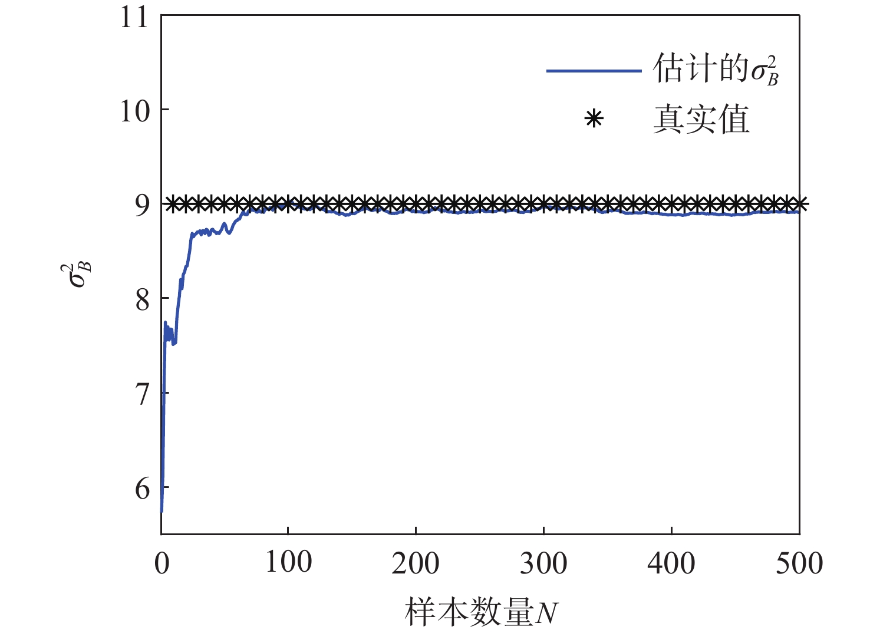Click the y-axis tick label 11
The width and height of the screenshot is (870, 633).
134,17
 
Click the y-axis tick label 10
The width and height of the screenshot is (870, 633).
134,111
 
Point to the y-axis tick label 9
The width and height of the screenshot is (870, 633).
143,205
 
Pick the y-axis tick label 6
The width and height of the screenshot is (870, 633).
143,489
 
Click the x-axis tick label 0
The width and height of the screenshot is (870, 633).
162,563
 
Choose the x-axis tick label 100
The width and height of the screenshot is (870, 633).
288,562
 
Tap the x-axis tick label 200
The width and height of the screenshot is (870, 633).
416,563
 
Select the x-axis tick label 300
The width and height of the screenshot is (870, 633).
543,563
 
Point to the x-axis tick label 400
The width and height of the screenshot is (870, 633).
671,563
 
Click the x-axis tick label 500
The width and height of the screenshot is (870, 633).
799,563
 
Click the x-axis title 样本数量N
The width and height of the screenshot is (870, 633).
481,612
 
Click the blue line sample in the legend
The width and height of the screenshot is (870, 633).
594,71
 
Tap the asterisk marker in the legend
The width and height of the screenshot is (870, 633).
594,120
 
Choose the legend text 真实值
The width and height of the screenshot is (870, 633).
701,120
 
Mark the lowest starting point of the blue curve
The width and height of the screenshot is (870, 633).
162,510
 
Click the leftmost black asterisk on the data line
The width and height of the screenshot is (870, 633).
172,205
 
